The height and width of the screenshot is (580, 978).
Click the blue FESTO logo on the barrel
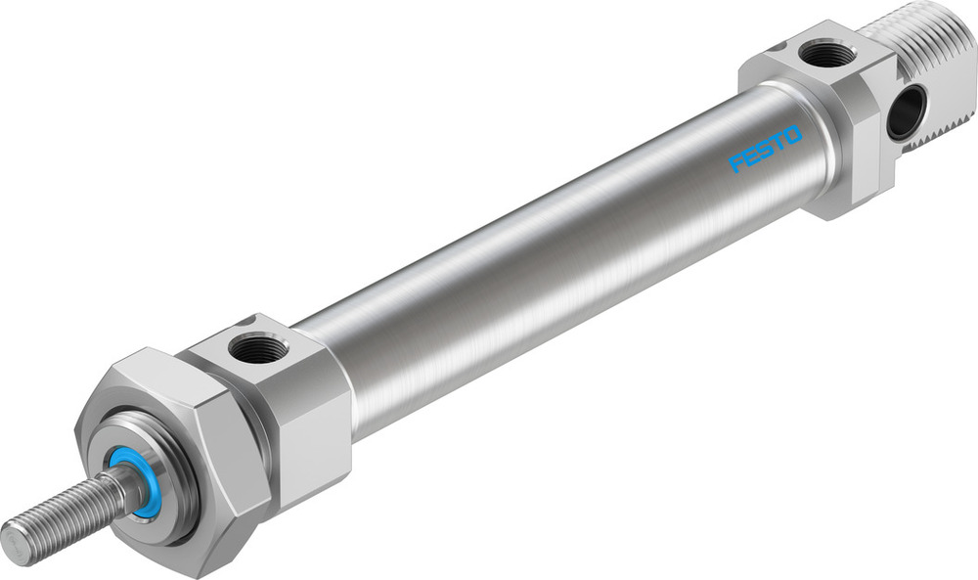pyautogui.click(x=766, y=149)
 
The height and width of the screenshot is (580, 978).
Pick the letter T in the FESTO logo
pyautogui.click(x=778, y=142)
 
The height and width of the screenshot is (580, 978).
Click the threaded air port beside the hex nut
pyautogui.click(x=256, y=348)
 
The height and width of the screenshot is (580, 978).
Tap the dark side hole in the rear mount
pyautogui.click(x=906, y=112)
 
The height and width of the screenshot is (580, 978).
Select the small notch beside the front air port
pyautogui.click(x=248, y=321)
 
